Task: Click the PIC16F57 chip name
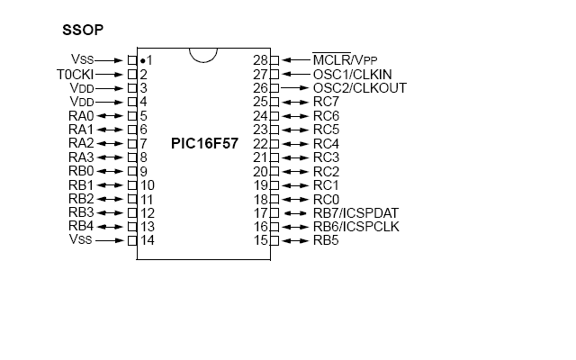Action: (x=204, y=143)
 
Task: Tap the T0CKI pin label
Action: (x=74, y=74)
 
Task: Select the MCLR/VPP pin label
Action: (x=346, y=59)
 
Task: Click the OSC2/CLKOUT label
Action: (x=359, y=87)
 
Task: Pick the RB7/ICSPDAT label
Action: (x=355, y=212)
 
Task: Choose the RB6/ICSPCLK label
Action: (x=355, y=226)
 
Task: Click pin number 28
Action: (x=261, y=59)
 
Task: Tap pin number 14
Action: (x=147, y=240)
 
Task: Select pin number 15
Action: (x=261, y=240)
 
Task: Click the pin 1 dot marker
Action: (x=142, y=59)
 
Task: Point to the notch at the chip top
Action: (x=204, y=53)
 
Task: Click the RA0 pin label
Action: (x=81, y=115)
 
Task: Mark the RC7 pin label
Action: (x=326, y=102)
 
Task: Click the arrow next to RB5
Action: (x=296, y=240)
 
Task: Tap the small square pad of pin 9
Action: (x=132, y=171)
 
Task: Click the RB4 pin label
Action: (x=81, y=226)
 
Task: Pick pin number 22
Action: (x=261, y=143)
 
